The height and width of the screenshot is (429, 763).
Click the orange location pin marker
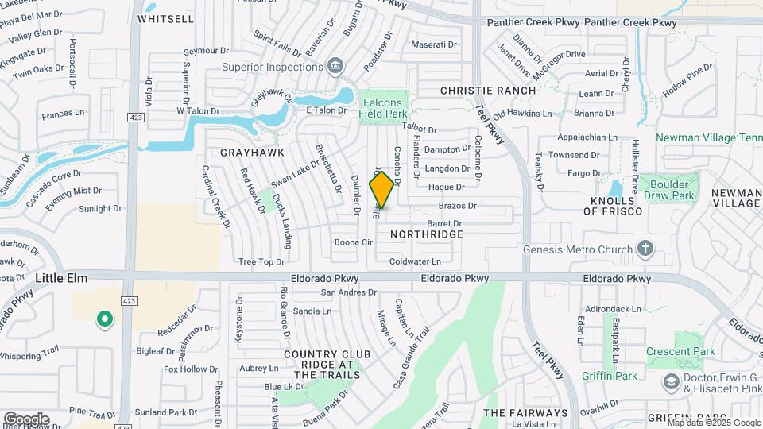coord(382,190)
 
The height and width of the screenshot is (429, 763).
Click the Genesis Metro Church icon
coord(645,249)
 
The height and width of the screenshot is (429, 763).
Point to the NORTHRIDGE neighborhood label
coord(426,235)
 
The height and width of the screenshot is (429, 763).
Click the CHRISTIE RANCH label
coord(488,91)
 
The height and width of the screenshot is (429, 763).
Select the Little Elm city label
coord(61,278)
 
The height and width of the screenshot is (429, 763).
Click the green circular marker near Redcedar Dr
coord(103,320)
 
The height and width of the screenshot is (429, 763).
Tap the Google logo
coord(26,419)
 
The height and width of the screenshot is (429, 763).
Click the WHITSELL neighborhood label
coord(165,18)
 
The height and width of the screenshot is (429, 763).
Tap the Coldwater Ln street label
coord(415,261)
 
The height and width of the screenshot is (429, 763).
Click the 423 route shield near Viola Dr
coord(135,118)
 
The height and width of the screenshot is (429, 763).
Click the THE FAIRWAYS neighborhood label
coord(525,413)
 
